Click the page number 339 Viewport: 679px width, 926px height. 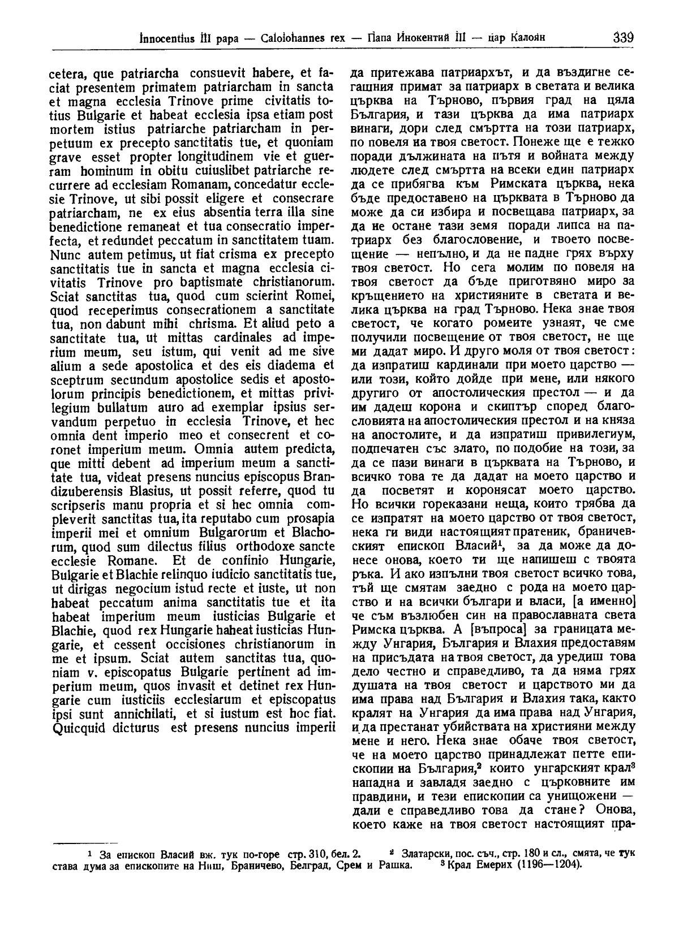pos(622,38)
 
